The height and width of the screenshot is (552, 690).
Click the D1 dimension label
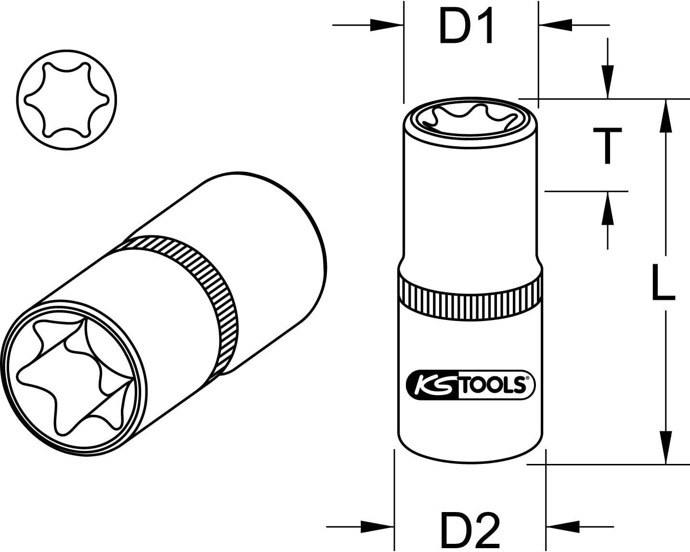coord(466,27)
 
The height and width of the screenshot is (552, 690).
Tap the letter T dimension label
coord(607,146)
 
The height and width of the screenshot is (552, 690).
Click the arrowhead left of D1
coord(387,25)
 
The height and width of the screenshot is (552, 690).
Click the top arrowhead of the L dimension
coord(666,116)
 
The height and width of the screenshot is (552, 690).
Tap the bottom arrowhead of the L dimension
coord(666,448)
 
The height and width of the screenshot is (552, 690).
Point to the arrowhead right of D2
coord(563,526)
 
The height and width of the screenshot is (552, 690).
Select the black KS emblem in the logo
coord(432,386)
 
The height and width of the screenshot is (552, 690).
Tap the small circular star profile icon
coord(66,100)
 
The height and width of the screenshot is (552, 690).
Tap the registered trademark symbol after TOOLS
coord(527,379)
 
